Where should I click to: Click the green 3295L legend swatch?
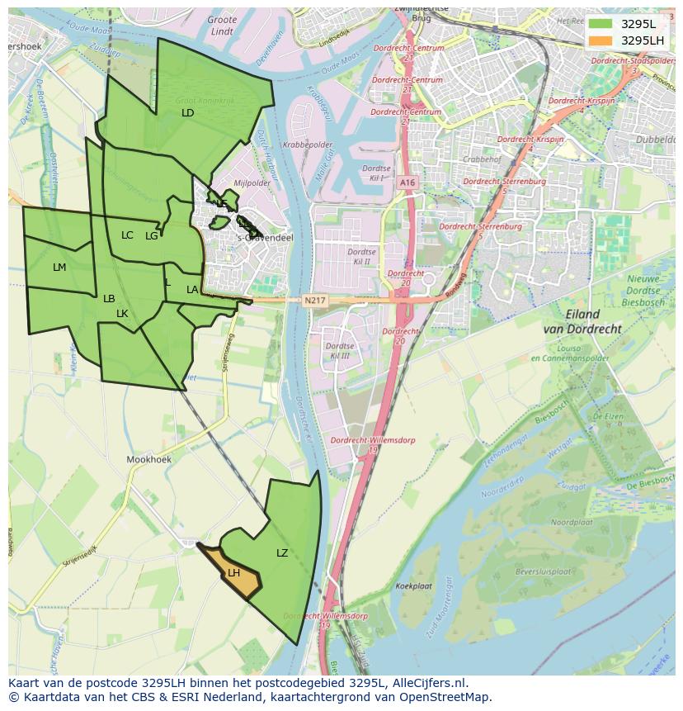(x=601, y=24)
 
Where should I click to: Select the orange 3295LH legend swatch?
(x=601, y=40)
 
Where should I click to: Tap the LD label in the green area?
(x=187, y=112)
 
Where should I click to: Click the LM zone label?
(x=59, y=268)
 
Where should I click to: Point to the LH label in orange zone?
(x=233, y=573)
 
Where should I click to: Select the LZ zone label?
(x=282, y=553)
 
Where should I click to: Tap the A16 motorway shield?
(x=406, y=182)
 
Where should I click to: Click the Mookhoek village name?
(x=148, y=458)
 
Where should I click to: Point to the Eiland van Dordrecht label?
(x=583, y=321)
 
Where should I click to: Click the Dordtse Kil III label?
(x=339, y=351)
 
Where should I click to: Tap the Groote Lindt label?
(x=222, y=26)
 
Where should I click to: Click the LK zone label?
(x=122, y=314)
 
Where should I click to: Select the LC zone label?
(x=127, y=235)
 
